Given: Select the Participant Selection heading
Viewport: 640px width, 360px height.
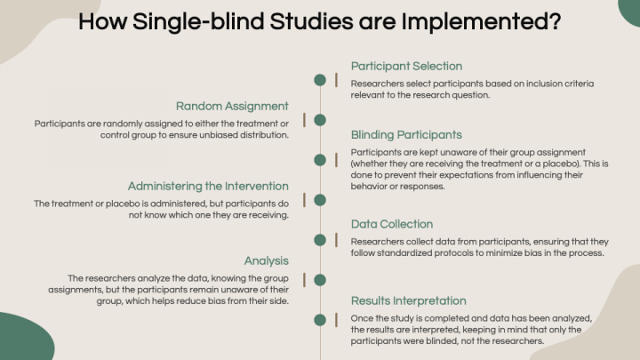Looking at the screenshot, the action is click(x=406, y=66).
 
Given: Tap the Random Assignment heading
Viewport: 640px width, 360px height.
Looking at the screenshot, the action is click(x=232, y=106).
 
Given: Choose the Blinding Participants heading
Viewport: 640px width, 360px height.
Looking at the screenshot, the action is click(x=406, y=135).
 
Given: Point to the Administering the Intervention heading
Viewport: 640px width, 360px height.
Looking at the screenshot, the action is click(x=208, y=186).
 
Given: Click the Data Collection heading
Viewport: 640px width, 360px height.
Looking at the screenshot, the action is click(x=392, y=224).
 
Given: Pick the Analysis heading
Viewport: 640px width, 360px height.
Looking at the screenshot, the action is click(x=266, y=260).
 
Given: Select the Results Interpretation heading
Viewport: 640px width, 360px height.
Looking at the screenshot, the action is click(x=409, y=300).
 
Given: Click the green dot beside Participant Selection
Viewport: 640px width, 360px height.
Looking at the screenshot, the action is click(x=320, y=80).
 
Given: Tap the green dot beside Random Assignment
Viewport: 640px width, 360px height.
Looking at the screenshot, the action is click(x=320, y=120).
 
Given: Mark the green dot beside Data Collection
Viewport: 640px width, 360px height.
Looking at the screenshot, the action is click(x=320, y=240).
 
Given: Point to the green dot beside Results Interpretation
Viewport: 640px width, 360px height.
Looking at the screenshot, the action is click(x=320, y=320).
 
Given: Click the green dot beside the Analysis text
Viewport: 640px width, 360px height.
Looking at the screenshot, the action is click(x=320, y=280).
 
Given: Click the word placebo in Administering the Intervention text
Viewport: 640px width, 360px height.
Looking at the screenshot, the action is click(x=123, y=204).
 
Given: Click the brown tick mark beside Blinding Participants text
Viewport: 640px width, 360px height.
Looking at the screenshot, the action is click(x=336, y=160).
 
